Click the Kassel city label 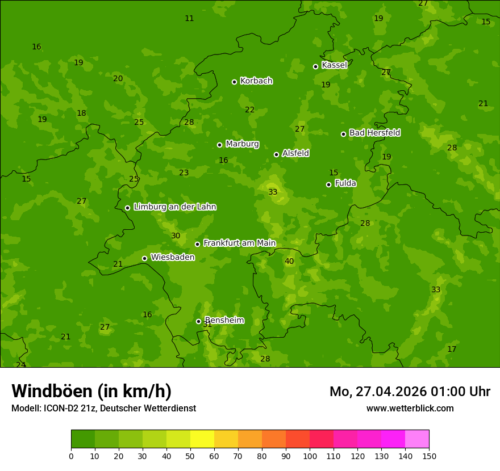334,65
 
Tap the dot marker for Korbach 234,82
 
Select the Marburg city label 242,144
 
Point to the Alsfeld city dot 276,154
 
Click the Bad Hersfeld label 374,133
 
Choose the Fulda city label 345,183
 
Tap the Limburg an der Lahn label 174,207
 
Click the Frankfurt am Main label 239,243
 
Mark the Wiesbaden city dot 144,258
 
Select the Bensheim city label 224,320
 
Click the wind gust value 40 289,262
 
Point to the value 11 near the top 189,19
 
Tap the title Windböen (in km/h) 91,391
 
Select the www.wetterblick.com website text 410,409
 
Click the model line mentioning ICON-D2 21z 103,409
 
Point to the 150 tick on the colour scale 429,456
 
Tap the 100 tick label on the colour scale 310,456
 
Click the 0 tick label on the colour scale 71,456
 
